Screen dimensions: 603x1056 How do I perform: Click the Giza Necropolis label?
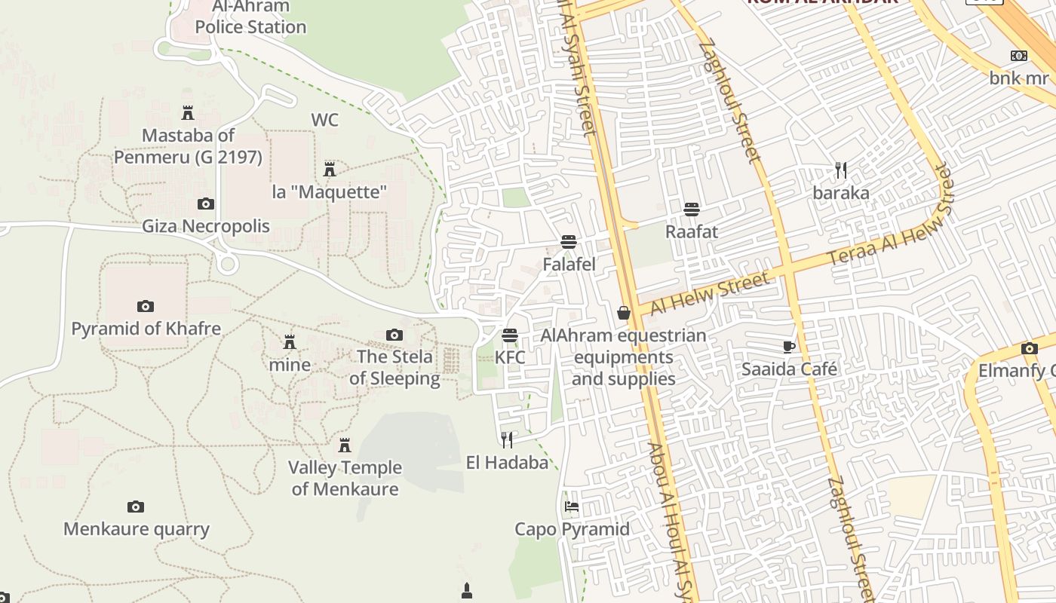click(206, 226)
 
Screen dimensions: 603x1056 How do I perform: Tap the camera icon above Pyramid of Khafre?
click(146, 306)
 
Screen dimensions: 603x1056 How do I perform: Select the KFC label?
click(510, 357)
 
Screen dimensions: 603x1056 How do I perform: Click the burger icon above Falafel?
click(569, 242)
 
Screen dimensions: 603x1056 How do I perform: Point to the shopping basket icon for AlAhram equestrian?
click(624, 312)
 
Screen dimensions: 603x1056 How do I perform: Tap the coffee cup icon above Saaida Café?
click(789, 347)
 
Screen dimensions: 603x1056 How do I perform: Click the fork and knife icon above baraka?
click(841, 170)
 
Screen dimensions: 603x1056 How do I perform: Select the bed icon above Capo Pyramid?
click(572, 507)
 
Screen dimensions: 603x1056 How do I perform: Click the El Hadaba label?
click(507, 462)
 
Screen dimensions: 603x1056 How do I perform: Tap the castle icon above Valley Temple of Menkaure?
click(345, 445)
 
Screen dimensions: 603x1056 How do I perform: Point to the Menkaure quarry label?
click(137, 528)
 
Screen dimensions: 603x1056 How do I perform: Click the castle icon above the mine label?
click(290, 342)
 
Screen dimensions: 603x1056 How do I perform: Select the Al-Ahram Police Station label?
click(250, 17)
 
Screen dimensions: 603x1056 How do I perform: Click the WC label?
click(324, 120)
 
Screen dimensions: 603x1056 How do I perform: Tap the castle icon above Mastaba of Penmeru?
click(188, 113)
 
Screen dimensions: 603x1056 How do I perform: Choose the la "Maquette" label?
click(330, 191)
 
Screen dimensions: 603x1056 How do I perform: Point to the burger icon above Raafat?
click(692, 209)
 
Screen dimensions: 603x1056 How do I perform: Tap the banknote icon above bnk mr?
click(1019, 56)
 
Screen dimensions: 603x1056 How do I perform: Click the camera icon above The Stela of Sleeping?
click(394, 335)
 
